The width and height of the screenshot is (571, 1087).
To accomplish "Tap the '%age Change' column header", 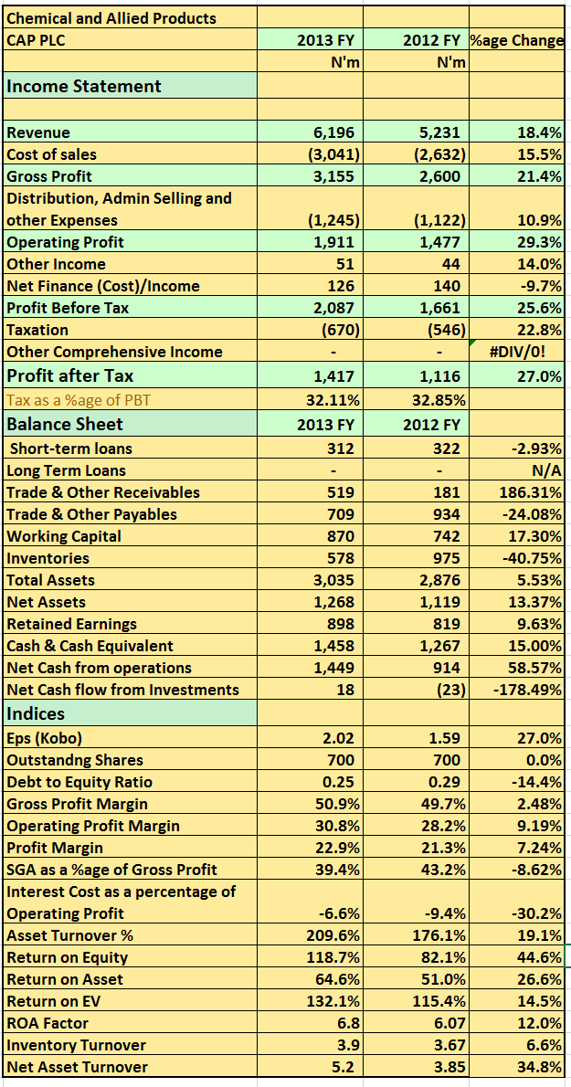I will (x=517, y=41).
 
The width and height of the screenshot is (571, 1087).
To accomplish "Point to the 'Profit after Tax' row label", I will (x=70, y=375).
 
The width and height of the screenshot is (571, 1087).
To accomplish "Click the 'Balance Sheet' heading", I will (x=65, y=425).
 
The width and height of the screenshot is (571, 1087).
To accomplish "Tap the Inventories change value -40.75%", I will (x=531, y=558).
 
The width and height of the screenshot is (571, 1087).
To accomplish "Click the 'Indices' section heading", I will (x=36, y=713).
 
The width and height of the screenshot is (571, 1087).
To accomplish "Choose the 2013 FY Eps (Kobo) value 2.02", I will (x=339, y=738).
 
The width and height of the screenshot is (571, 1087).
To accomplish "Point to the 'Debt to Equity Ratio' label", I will (x=79, y=782).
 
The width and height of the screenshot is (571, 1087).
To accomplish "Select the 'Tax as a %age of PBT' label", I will (x=79, y=400).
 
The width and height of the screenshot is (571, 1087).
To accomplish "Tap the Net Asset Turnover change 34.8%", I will (x=540, y=1067).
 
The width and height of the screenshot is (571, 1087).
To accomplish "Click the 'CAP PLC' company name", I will (x=36, y=40).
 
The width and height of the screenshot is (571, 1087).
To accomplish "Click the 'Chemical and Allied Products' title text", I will (x=111, y=18).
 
